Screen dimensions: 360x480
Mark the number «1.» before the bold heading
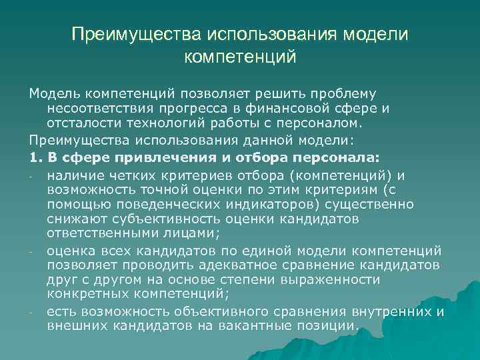coord(35,157)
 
